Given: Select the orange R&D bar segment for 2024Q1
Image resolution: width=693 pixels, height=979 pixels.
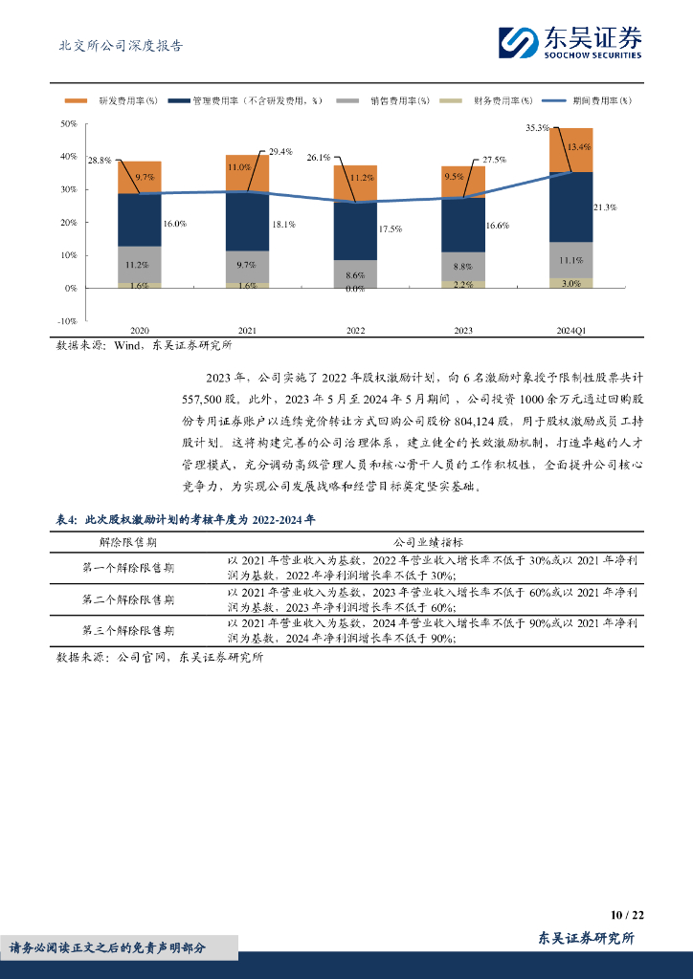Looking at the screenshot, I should (570, 150).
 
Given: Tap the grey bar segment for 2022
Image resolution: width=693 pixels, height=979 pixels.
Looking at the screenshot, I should (355, 272).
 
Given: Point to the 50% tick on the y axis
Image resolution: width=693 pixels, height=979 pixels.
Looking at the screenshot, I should (68, 124).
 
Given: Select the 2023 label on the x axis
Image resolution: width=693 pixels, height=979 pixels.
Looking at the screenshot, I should (463, 331).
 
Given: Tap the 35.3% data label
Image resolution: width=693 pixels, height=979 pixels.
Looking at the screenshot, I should (538, 127).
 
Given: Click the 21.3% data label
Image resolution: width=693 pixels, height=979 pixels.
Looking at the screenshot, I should (604, 207).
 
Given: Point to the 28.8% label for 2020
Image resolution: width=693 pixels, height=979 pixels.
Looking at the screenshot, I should (100, 161).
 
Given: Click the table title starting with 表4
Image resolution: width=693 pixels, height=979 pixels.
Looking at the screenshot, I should (186, 519).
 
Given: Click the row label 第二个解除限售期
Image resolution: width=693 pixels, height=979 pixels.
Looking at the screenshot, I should (128, 599).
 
